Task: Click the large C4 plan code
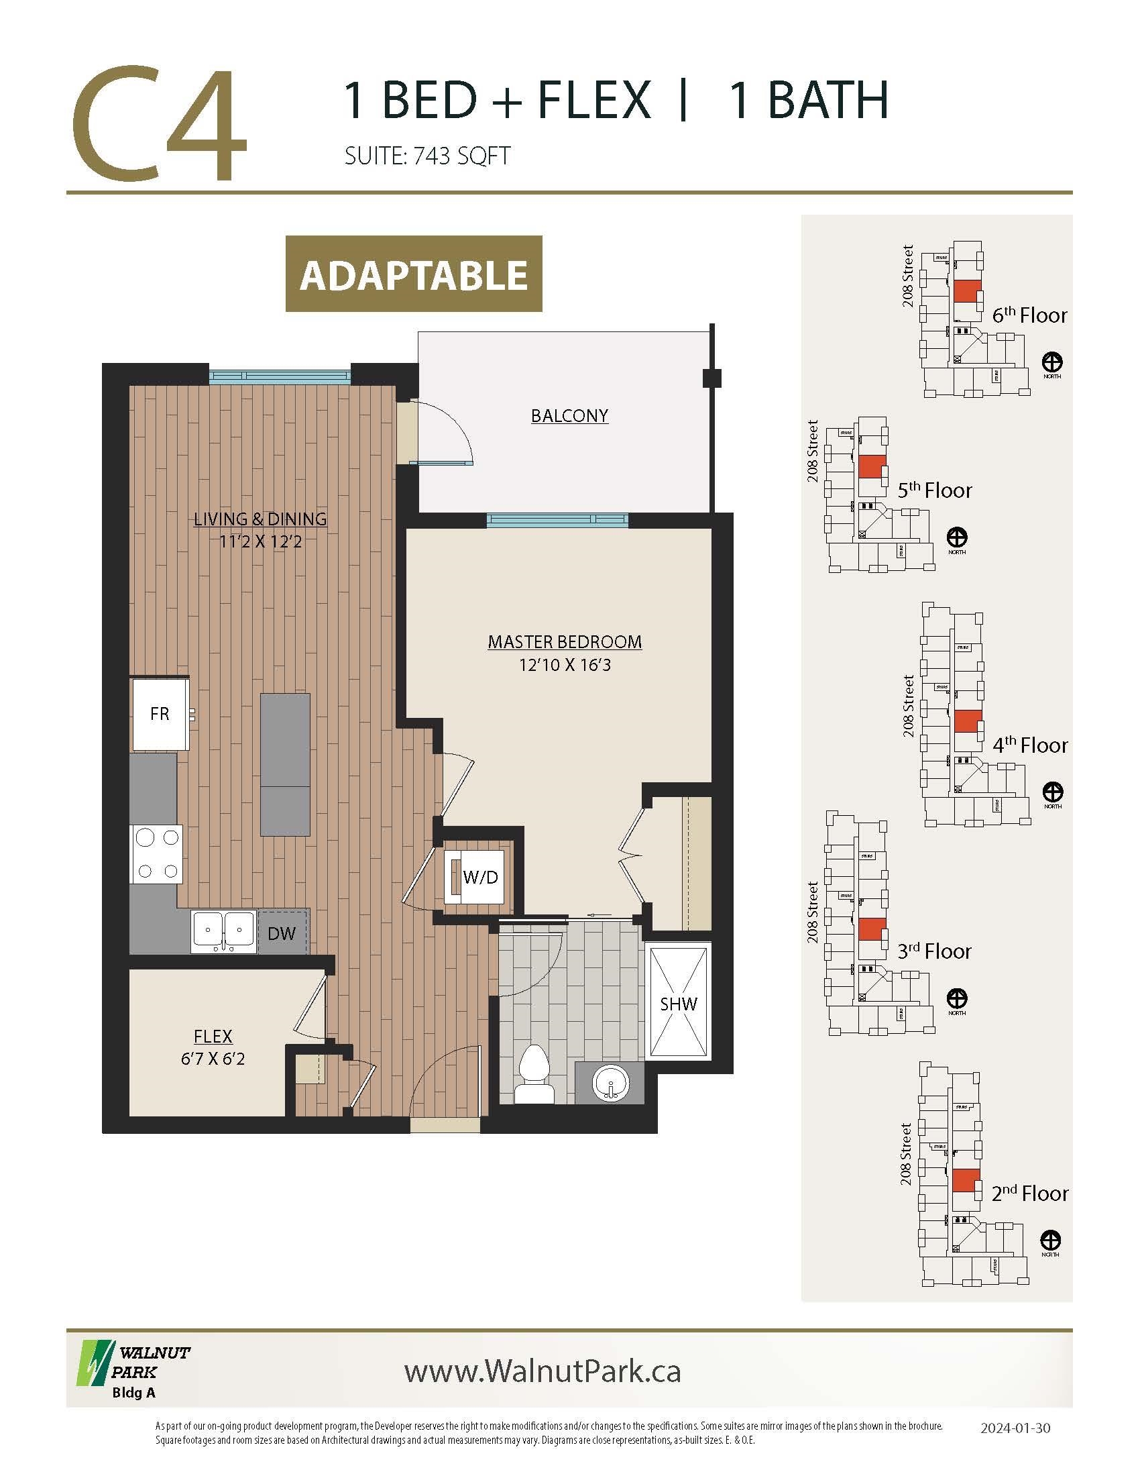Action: (160, 124)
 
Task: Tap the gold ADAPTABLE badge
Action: (413, 274)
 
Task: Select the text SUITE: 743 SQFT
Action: (426, 156)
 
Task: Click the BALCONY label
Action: (569, 416)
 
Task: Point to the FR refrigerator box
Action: (160, 714)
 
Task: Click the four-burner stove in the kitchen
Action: (158, 854)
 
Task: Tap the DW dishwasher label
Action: (282, 933)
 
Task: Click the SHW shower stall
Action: (678, 1004)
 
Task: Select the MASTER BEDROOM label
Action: (565, 641)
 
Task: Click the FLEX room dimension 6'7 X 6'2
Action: (213, 1058)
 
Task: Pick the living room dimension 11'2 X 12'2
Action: (260, 541)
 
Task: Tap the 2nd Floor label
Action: (1030, 1212)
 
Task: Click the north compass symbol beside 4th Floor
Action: (1053, 791)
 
